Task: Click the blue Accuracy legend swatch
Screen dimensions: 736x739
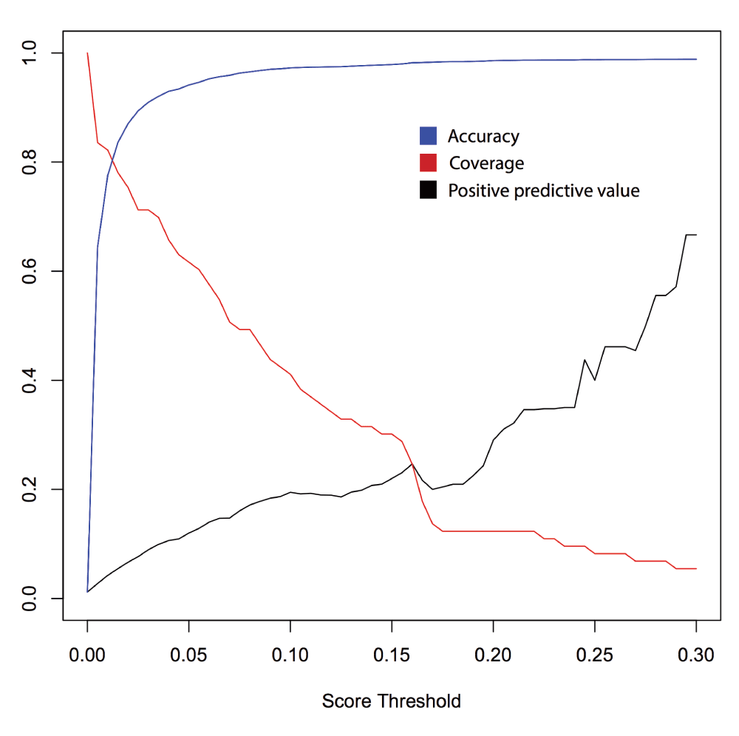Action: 428,136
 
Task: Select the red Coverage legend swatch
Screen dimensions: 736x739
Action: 428,163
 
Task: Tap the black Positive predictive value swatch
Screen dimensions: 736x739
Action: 428,190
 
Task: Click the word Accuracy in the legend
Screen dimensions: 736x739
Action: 483,136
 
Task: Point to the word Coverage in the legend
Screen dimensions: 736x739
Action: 486,163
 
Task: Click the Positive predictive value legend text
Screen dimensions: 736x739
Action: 544,191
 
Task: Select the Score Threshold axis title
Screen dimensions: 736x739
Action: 391,701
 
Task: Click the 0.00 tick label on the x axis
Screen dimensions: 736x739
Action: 87,655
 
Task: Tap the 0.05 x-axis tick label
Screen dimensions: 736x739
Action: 188,655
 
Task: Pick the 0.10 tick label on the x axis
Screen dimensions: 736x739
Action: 290,655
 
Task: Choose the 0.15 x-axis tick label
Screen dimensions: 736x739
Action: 392,655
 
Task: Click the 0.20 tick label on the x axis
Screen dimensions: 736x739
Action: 493,655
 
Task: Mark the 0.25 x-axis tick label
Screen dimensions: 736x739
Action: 595,655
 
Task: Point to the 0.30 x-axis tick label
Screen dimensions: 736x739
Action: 696,655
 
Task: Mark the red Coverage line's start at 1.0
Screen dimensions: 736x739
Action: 87,53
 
